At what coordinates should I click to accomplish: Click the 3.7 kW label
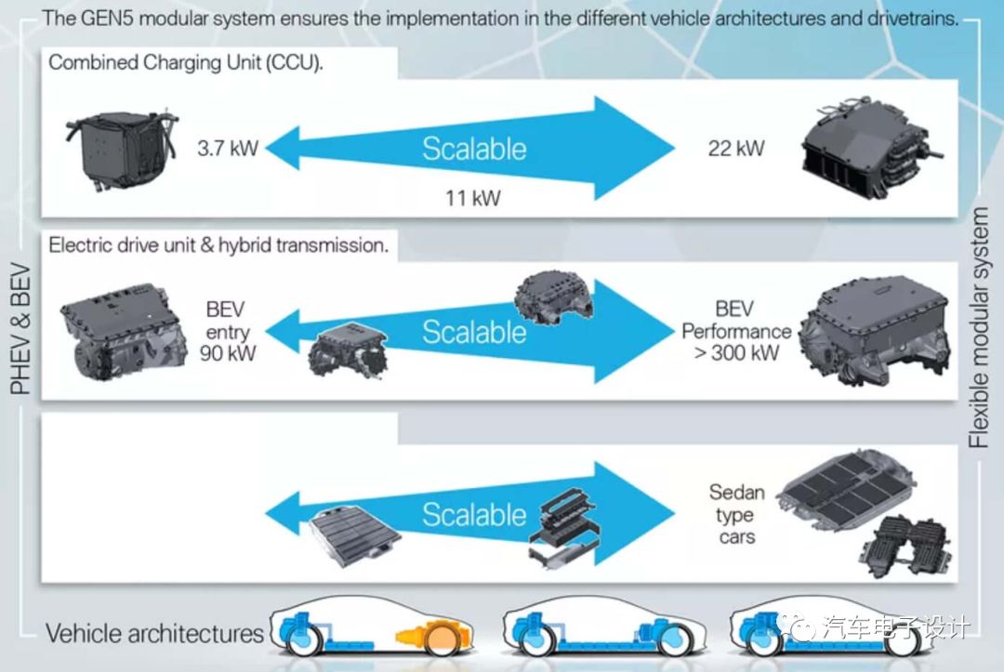(x=227, y=148)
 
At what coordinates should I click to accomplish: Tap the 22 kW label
(x=736, y=148)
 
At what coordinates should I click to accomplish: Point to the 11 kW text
(x=474, y=198)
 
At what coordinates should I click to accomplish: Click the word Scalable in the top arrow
(x=474, y=149)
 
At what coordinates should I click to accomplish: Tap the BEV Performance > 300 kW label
(x=735, y=331)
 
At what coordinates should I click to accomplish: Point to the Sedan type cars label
(x=736, y=514)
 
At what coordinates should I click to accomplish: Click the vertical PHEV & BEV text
(x=21, y=331)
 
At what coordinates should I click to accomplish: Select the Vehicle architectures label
(x=155, y=635)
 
